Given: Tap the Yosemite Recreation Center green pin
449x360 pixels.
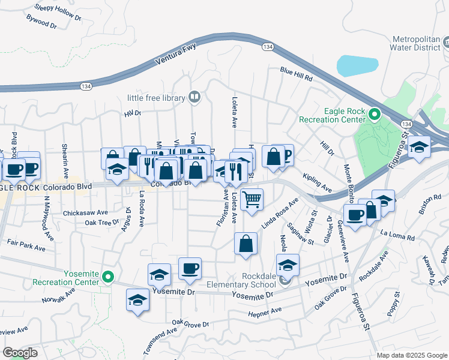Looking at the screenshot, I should (108, 277).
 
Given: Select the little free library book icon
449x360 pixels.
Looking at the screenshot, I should (194, 97).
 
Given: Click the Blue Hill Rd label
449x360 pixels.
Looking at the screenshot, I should (297, 74).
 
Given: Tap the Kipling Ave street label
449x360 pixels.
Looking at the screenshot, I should (317, 182).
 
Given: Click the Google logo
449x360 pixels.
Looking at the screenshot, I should (20, 353).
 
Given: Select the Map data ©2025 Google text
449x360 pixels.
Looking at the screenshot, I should (411, 355).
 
